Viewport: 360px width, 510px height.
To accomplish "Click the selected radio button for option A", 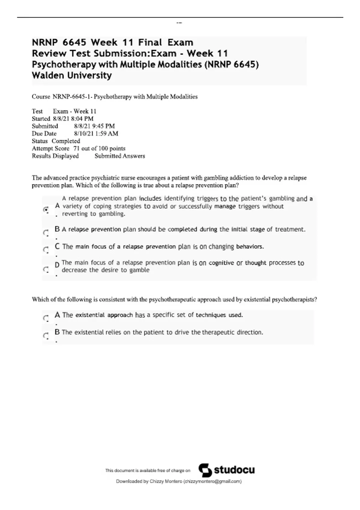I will click(x=46, y=209).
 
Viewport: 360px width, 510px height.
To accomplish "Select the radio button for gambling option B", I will click(x=46, y=232).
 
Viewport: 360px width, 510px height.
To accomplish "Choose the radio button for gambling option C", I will click(x=46, y=250).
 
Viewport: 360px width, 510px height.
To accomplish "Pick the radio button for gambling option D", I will click(x=46, y=269).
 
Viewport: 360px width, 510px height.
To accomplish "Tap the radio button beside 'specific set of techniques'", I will click(x=46, y=318).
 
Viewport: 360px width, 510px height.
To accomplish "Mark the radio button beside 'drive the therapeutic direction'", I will click(x=46, y=335).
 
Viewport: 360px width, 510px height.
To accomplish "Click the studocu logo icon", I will click(x=205, y=470).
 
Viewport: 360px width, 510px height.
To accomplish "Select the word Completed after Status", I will click(x=66, y=141).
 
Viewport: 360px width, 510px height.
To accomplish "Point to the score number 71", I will click(x=76, y=148).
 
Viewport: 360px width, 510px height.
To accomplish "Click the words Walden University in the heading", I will click(x=72, y=75).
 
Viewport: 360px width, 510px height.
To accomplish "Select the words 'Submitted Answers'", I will click(x=120, y=156).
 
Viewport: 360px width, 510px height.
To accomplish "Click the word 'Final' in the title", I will click(x=150, y=42).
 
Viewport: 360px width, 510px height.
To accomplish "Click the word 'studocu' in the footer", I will click(x=234, y=470).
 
